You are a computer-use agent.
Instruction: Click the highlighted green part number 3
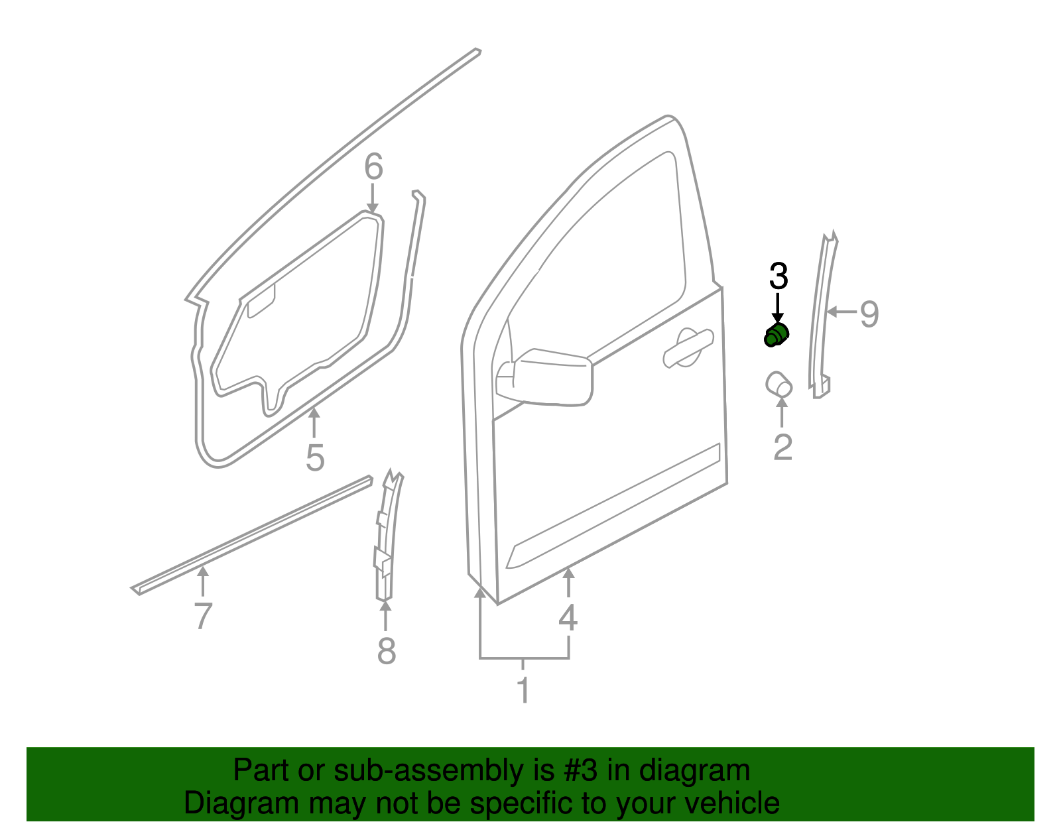tap(776, 335)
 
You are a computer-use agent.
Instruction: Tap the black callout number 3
tap(779, 276)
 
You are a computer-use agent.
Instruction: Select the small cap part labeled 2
tap(779, 384)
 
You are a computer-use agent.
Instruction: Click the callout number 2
tap(782, 447)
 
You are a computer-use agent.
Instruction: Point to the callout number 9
tap(869, 314)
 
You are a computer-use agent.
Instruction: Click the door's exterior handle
tap(688, 347)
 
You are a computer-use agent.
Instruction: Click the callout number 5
tap(315, 457)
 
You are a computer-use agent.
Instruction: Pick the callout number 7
tap(203, 616)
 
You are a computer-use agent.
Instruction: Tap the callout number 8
tap(386, 650)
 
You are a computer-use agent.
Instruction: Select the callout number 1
tap(523, 690)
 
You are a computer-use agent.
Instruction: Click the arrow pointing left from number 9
tap(842, 311)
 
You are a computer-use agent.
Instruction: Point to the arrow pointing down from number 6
tap(373, 198)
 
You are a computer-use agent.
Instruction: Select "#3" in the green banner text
tap(580, 770)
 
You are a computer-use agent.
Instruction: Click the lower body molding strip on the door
tap(613, 506)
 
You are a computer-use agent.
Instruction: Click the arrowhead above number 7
tap(203, 572)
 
